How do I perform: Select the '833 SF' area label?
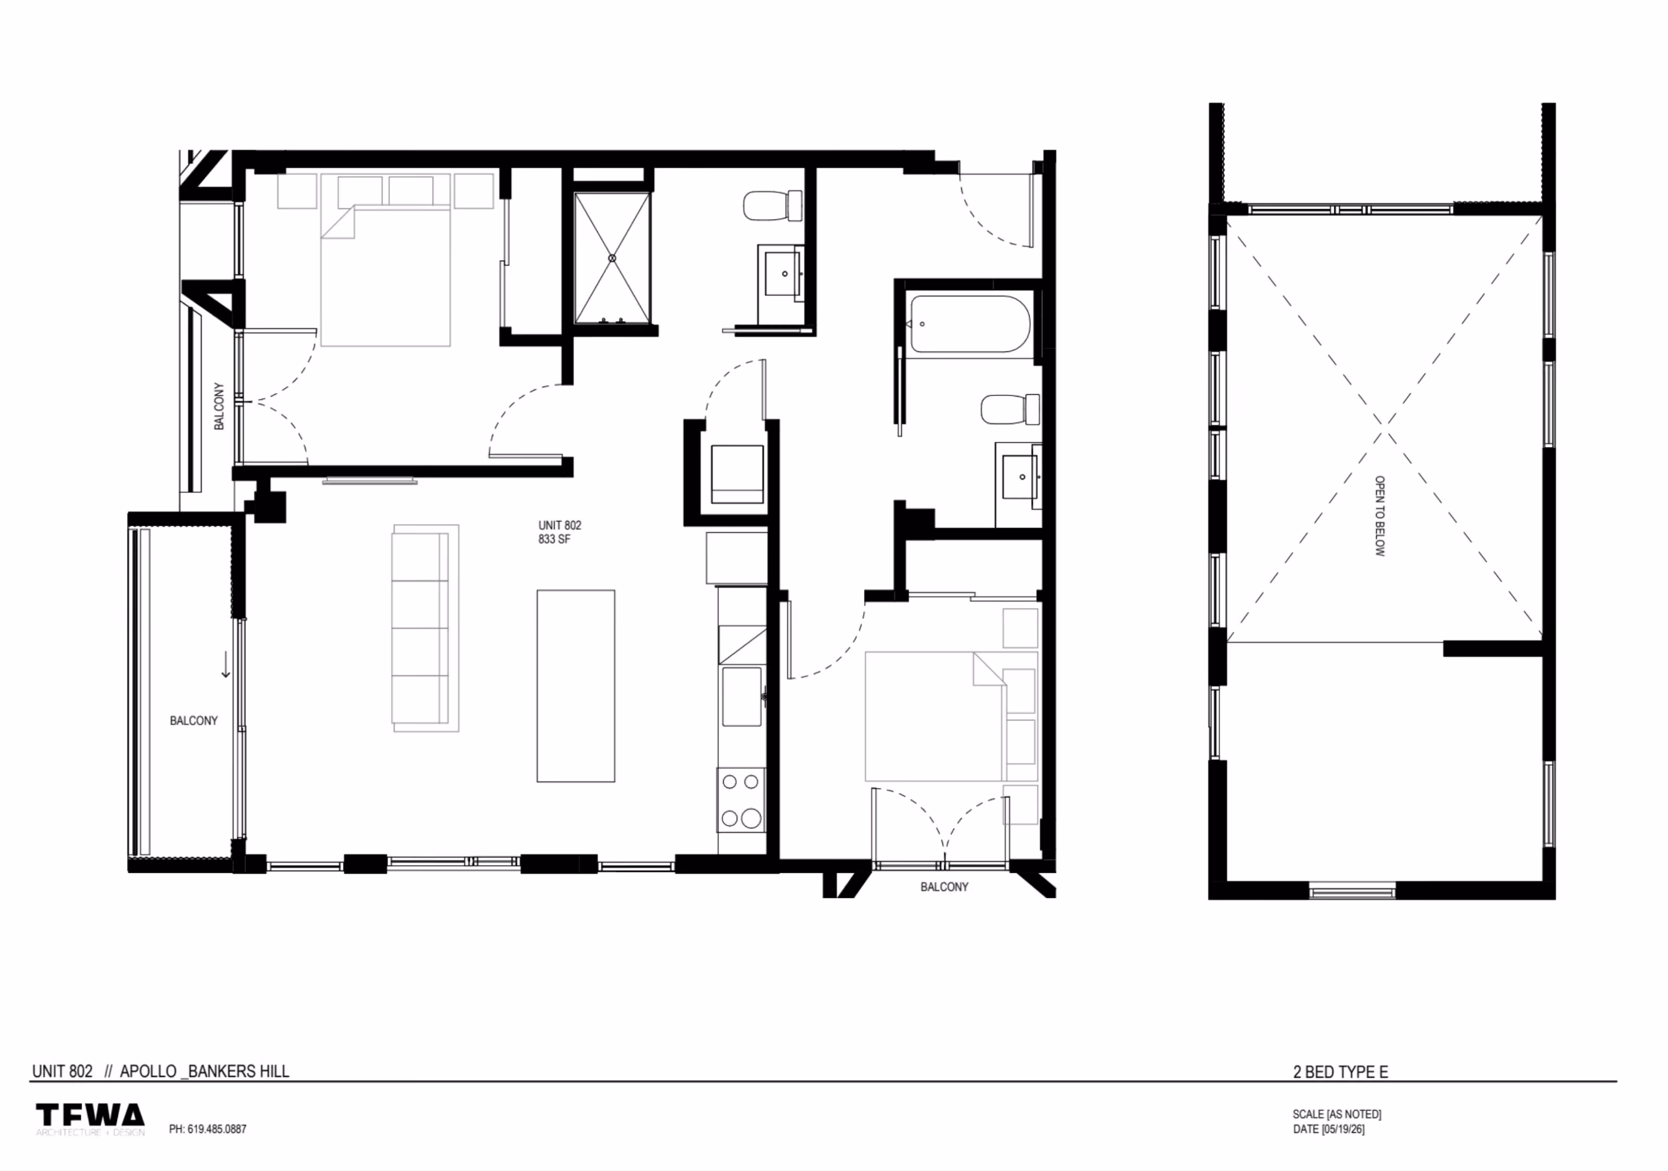click(x=554, y=539)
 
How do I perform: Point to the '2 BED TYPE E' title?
click(x=1340, y=1072)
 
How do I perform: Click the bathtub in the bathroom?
click(x=968, y=324)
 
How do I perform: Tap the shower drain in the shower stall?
click(x=612, y=258)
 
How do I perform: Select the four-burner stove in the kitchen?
click(x=741, y=800)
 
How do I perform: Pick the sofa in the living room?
click(x=425, y=628)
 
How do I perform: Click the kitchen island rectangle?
click(x=575, y=686)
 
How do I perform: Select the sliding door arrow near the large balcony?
click(x=226, y=665)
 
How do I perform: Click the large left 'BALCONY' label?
click(x=194, y=721)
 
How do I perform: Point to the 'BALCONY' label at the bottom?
click(x=944, y=887)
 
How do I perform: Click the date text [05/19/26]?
click(x=1343, y=1130)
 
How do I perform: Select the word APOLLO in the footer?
click(x=148, y=1072)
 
